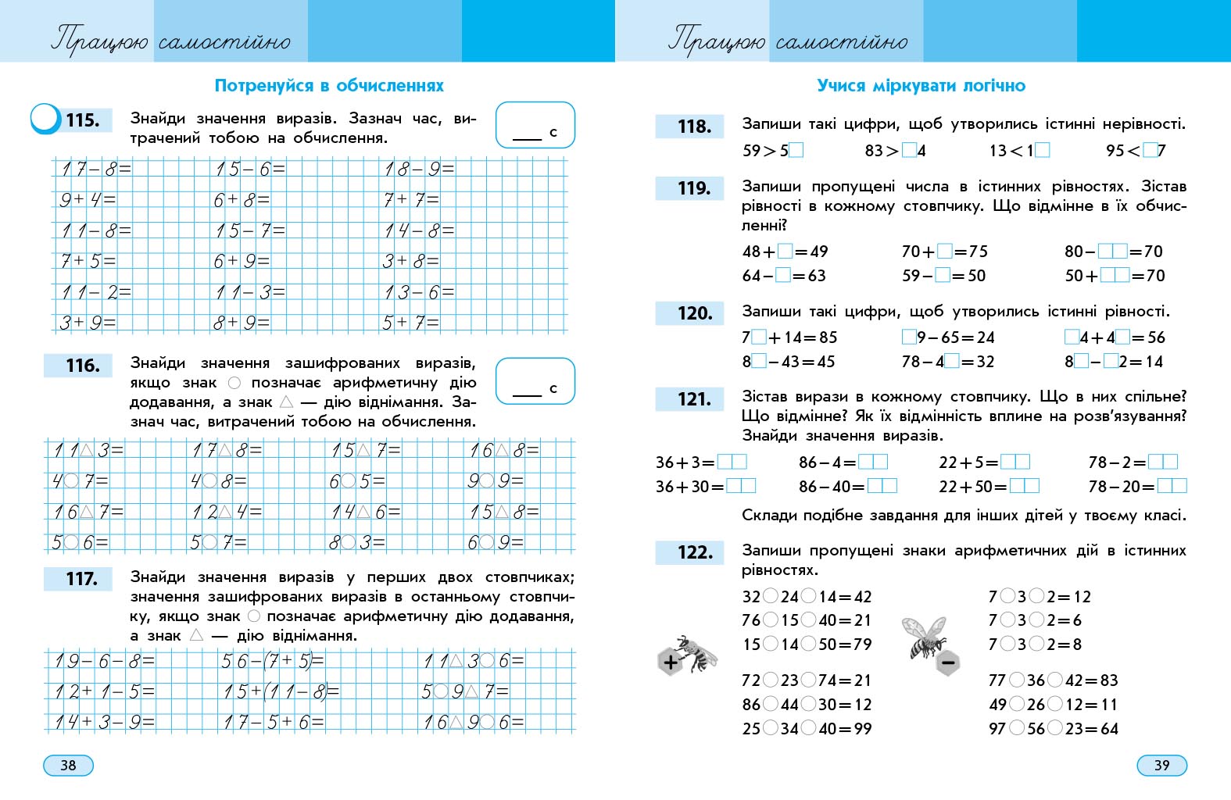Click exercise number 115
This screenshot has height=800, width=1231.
tap(82, 120)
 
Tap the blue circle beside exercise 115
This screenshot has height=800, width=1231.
tap(45, 119)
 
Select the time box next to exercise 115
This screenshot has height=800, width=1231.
tap(535, 125)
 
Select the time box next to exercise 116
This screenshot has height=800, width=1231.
tap(535, 381)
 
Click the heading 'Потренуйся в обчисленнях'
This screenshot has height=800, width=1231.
tap(329, 85)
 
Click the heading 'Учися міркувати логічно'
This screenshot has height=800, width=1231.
tap(921, 85)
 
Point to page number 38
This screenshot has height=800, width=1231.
tap(68, 765)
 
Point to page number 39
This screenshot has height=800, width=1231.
tap(1161, 765)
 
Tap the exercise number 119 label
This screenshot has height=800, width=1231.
tap(694, 188)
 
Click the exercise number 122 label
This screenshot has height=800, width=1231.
tap(695, 552)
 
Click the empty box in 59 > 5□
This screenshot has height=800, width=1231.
tap(796, 150)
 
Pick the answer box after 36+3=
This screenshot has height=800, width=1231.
tap(732, 462)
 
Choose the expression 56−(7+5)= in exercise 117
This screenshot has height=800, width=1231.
tap(273, 661)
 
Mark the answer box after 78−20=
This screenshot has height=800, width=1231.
tap(1172, 486)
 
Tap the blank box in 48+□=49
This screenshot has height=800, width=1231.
tap(785, 251)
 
